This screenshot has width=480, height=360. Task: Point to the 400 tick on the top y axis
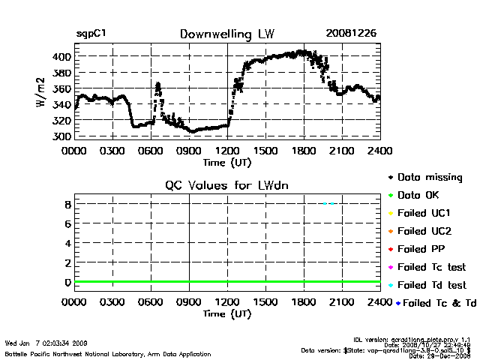(x=61, y=57)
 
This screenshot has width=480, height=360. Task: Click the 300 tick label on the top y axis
(x=61, y=136)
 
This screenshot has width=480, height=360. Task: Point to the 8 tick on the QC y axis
(x=67, y=204)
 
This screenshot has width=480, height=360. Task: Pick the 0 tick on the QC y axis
(x=67, y=282)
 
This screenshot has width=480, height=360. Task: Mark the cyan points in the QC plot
(x=328, y=203)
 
